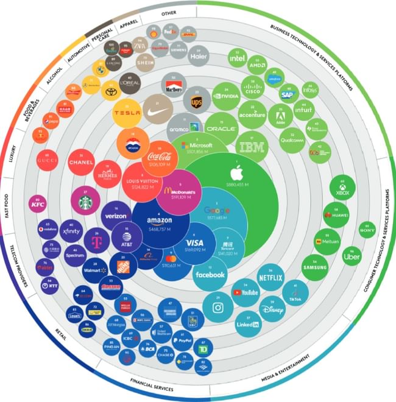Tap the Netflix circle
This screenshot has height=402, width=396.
pos(270,277)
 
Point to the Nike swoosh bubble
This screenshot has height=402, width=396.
pos(157,110)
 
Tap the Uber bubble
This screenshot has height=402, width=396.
pos(352,256)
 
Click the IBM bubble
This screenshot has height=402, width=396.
pos(252,147)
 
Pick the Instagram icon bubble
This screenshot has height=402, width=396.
pos(217,308)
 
